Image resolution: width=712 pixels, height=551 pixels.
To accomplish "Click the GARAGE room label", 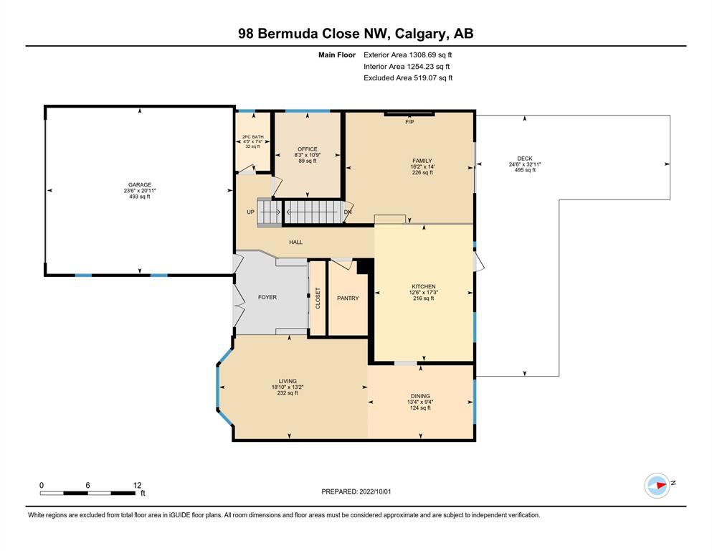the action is (x=139, y=185).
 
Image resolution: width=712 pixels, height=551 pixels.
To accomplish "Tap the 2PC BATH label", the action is (x=253, y=137).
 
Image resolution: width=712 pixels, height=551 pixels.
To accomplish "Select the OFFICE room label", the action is (x=308, y=149).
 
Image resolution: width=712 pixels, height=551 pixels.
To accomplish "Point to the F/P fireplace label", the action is (x=409, y=122).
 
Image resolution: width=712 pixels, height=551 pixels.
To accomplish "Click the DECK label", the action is (x=525, y=159).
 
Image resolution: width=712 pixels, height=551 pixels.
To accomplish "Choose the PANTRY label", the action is (x=348, y=298).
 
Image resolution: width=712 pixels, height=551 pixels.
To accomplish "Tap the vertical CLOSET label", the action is (x=318, y=298).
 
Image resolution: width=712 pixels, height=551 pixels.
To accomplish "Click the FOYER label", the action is (x=267, y=297).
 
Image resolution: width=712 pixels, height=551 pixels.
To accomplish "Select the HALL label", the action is (x=295, y=242).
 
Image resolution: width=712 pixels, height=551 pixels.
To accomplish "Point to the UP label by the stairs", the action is (x=251, y=212).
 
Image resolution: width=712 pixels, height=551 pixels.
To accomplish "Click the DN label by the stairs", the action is (x=348, y=212).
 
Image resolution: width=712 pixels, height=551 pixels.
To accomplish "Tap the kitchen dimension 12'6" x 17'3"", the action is (x=424, y=293).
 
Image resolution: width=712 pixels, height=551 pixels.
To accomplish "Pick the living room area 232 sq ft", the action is (x=288, y=393).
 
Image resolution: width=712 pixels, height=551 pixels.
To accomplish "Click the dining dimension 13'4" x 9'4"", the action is (x=420, y=402).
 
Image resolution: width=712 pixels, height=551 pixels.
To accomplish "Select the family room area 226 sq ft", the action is (x=422, y=173).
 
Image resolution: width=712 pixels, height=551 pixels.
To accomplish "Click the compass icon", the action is (x=658, y=486).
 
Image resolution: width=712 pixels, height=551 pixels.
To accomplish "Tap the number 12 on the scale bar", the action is (x=137, y=485).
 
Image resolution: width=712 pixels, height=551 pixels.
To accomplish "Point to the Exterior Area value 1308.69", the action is (x=423, y=55).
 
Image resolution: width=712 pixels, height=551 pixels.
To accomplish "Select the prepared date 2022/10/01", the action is (x=375, y=491).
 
